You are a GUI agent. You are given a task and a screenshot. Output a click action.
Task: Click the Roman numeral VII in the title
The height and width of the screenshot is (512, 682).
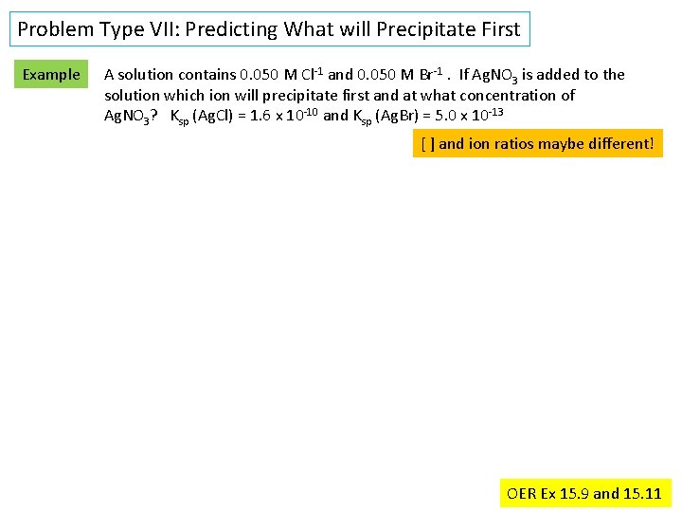pyautogui.click(x=162, y=29)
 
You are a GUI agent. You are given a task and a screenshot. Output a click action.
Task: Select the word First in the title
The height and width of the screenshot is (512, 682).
pyautogui.click(x=498, y=29)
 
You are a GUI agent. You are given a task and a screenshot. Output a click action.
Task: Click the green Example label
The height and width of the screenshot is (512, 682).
pyautogui.click(x=51, y=74)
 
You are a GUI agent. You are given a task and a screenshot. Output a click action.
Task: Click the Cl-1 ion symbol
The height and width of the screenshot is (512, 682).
pyautogui.click(x=312, y=74)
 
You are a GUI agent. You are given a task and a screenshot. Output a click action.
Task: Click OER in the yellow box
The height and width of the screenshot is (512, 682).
pyautogui.click(x=521, y=493)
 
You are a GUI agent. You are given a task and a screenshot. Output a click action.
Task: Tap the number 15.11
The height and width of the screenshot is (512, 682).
pyautogui.click(x=643, y=493)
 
